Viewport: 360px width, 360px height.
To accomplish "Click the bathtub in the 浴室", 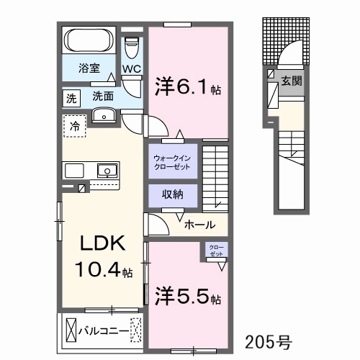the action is [89, 40].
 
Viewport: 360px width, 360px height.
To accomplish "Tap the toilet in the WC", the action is [132, 48].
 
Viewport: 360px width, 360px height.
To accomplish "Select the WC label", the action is [132, 69].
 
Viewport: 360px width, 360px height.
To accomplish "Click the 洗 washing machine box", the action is [71, 99].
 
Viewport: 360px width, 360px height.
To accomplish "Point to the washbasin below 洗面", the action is [104, 115].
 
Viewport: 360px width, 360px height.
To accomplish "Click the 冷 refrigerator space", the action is [75, 126].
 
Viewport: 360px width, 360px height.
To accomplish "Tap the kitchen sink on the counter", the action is [107, 171].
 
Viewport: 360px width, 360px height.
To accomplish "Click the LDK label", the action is [103, 243].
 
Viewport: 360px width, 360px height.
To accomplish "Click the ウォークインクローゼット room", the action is [173, 161].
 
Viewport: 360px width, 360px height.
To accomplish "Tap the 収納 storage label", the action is [173, 194].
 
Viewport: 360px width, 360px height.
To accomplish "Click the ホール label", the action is [199, 225].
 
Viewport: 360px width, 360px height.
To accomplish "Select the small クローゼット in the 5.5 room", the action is [216, 250].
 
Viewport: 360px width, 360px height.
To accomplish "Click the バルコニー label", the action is [104, 332].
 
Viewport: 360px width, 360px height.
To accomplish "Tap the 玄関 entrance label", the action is [292, 81].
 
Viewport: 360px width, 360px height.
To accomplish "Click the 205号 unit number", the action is [268, 342].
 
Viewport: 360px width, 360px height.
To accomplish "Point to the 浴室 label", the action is [89, 68].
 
